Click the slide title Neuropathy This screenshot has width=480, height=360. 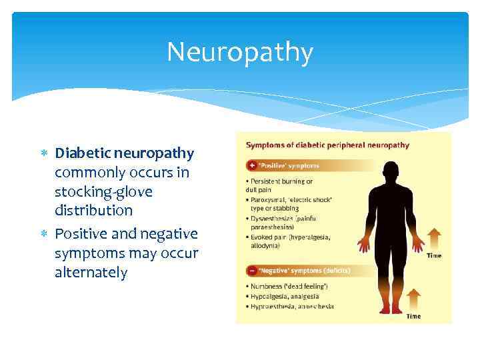pyautogui.click(x=239, y=53)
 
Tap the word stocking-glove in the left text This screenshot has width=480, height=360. pyautogui.click(x=103, y=192)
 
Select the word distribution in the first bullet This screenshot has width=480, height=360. pyautogui.click(x=94, y=211)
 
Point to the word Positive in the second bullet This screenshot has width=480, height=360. pyautogui.click(x=81, y=234)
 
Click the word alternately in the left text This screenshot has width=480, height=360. pyautogui.click(x=91, y=273)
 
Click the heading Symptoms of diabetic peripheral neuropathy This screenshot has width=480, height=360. pyautogui.click(x=327, y=145)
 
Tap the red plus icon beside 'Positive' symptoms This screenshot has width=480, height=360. pyautogui.click(x=251, y=165)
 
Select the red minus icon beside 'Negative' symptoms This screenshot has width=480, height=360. pyautogui.click(x=251, y=271)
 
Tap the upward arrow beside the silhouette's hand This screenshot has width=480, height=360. pyautogui.click(x=433, y=238)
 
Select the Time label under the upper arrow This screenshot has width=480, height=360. pyautogui.click(x=433, y=255)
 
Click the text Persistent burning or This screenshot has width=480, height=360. pyautogui.click(x=280, y=181)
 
